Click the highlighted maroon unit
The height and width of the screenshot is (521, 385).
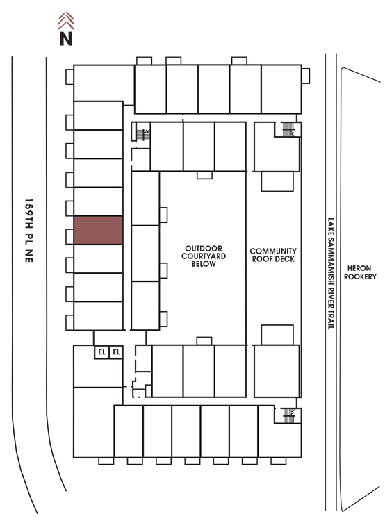point(99,230)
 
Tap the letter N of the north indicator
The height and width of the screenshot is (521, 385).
point(66,38)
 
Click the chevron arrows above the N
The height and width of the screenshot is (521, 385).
point(66,21)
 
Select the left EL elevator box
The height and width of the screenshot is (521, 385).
point(101,352)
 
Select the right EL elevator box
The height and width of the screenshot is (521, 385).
point(116,352)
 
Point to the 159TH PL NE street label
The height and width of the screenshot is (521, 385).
point(29,231)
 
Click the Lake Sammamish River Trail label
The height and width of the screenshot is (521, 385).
point(331,274)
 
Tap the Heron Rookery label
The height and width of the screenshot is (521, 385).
point(360,272)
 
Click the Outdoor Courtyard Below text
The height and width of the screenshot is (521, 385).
point(204,256)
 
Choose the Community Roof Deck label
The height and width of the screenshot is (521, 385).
point(273,255)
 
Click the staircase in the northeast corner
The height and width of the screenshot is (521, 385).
point(288,130)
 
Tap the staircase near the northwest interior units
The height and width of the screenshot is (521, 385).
point(143,135)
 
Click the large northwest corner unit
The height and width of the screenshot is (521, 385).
point(104,83)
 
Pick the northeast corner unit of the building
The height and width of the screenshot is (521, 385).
point(281,89)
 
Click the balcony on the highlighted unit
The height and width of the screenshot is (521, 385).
point(69,237)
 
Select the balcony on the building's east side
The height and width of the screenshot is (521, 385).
point(306,76)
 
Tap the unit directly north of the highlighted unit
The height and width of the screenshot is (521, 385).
point(99,201)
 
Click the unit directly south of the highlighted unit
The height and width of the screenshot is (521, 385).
point(99,258)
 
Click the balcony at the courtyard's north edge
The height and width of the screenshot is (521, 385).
point(204,175)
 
